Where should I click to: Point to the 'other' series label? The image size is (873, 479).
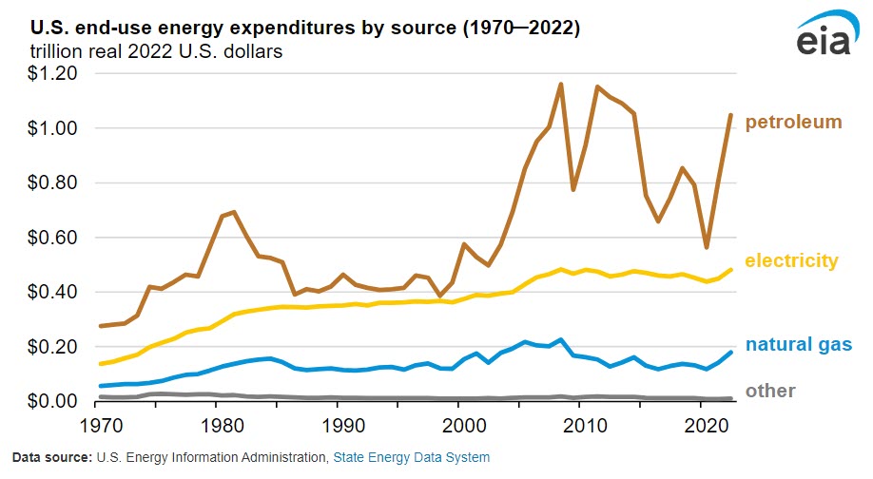click(x=770, y=391)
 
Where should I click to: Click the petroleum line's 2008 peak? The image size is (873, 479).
click(x=560, y=84)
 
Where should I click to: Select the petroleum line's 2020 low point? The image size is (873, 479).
click(x=706, y=247)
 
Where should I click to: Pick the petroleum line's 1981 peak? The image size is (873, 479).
click(x=233, y=212)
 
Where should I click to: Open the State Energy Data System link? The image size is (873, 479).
click(x=411, y=458)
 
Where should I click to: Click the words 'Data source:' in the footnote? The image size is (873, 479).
click(x=52, y=458)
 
